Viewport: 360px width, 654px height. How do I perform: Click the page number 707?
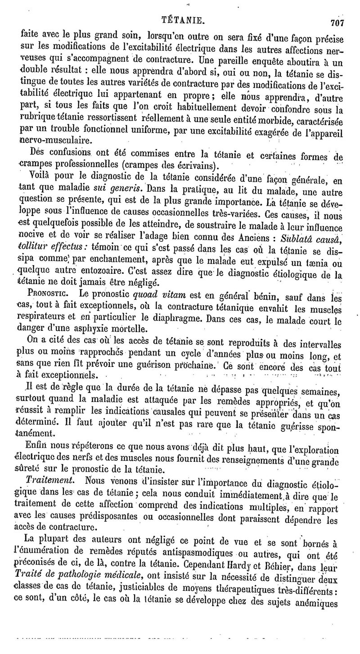(337, 23)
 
